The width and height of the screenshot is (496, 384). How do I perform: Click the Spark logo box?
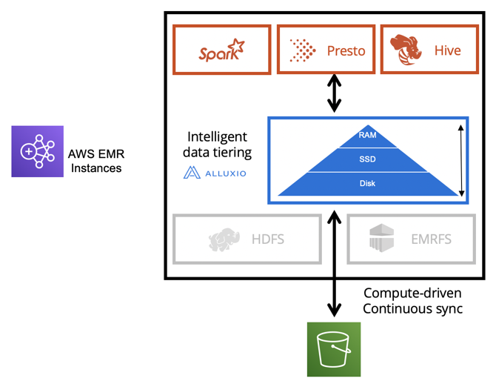[221, 50]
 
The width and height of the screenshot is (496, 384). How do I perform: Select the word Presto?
[346, 51]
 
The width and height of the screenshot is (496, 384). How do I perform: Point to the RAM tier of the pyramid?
[367, 136]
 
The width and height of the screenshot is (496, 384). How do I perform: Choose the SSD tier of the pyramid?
[367, 159]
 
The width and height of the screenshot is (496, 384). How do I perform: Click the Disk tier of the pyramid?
[367, 183]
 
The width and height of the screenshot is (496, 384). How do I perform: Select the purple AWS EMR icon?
[37, 151]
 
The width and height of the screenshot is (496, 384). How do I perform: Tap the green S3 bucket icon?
[334, 348]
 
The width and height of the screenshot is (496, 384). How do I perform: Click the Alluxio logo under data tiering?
[215, 173]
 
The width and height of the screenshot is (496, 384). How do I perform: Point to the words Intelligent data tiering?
[218, 145]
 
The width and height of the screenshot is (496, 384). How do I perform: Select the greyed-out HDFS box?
[247, 239]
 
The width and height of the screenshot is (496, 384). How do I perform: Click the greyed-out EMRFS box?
[420, 239]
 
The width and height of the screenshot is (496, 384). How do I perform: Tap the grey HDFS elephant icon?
[225, 239]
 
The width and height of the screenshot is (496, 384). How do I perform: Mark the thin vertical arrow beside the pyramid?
[461, 160]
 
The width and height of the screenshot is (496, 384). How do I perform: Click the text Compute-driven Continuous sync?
[413, 301]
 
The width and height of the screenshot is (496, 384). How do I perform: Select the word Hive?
[447, 51]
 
